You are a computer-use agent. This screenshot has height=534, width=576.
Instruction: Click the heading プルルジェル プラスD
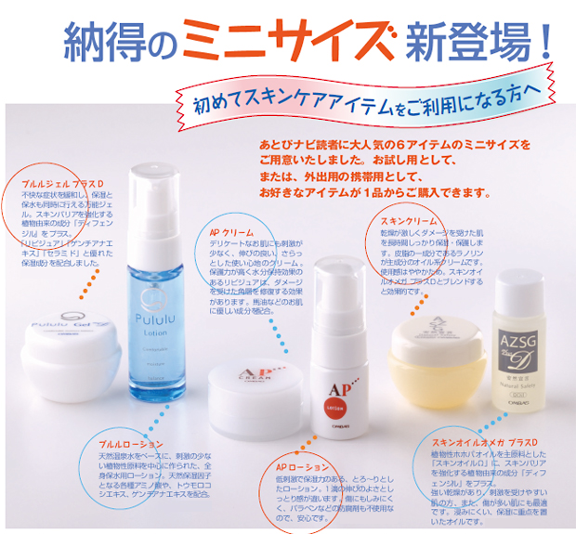click(63, 181)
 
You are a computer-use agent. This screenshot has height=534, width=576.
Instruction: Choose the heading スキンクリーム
click(409, 220)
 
